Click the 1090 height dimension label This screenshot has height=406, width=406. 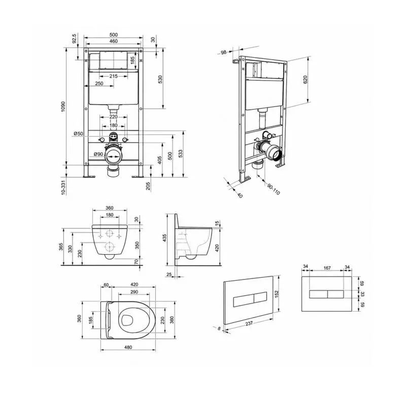click(63, 107)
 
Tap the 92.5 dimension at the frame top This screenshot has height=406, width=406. click(75, 39)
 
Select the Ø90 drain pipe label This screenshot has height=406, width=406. click(98, 154)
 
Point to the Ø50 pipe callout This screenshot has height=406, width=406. click(79, 133)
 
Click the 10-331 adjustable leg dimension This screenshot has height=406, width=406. click(63, 187)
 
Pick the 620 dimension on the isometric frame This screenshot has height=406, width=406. click(305, 80)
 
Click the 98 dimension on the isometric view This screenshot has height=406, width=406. click(223, 52)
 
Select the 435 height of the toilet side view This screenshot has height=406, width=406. click(164, 238)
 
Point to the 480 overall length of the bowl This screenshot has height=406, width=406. click(128, 347)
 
